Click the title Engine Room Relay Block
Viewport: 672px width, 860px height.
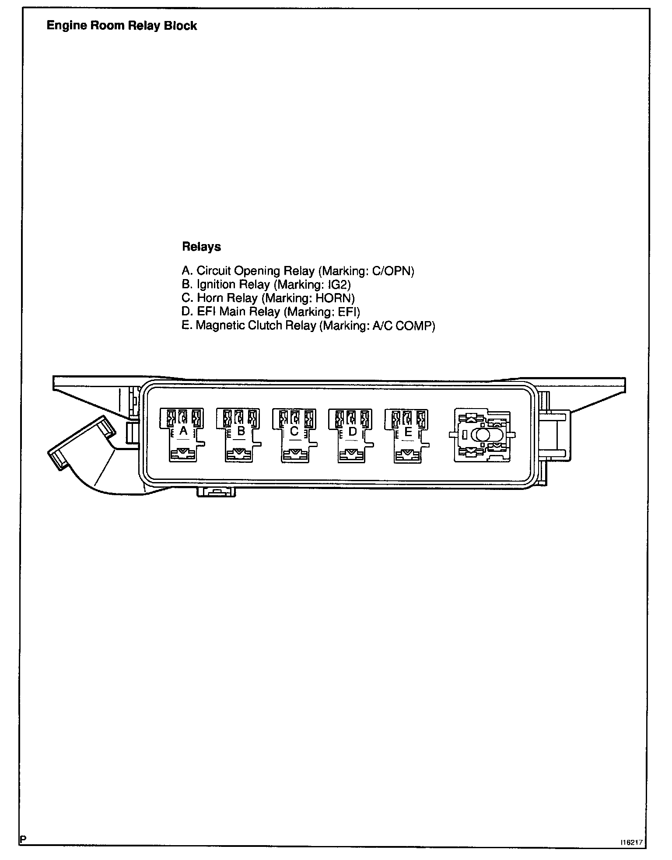[122, 26]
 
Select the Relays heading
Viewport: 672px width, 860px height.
[201, 247]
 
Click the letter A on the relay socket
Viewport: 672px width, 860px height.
[183, 431]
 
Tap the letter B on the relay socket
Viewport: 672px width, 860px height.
[241, 431]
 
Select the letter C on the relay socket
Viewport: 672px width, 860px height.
[294, 431]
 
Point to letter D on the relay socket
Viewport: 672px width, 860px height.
[352, 431]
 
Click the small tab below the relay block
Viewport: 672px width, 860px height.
[216, 492]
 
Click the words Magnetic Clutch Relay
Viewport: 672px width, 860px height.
[255, 325]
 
